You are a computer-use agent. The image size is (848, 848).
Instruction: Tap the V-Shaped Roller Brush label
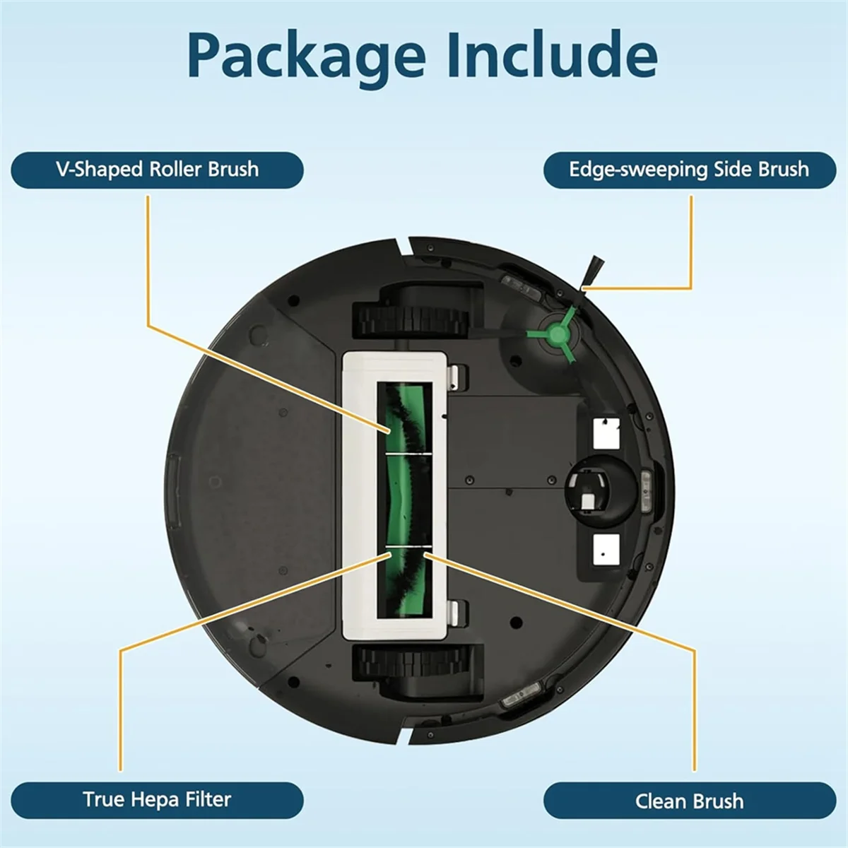pyautogui.click(x=157, y=170)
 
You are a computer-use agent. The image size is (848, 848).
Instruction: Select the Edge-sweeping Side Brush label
pyautogui.click(x=689, y=170)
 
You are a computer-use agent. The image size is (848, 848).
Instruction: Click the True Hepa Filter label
pyautogui.click(x=157, y=799)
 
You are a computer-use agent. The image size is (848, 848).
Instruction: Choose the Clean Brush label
pyautogui.click(x=689, y=801)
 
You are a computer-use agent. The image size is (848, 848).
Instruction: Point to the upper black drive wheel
pyautogui.click(x=410, y=311)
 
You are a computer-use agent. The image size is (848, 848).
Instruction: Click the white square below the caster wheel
pyautogui.click(x=606, y=548)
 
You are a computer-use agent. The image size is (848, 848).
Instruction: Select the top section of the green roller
pyautogui.click(x=404, y=417)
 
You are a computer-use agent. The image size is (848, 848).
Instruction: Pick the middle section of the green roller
pyautogui.click(x=404, y=499)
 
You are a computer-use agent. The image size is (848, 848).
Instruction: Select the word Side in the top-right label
pyautogui.click(x=733, y=170)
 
